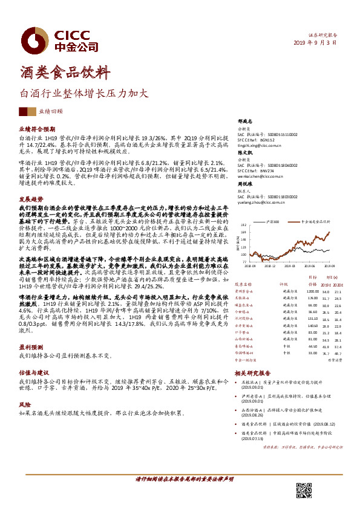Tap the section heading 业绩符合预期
(38, 129)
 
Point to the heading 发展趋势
(31, 198)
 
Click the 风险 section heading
(25, 403)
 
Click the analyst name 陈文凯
(245, 154)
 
